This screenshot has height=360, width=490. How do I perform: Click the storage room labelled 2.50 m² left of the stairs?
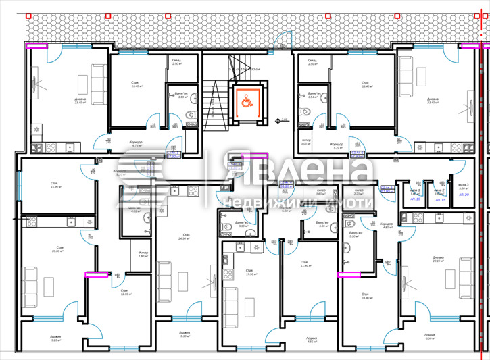point(177,62)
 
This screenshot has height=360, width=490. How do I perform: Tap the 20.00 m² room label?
point(57,249)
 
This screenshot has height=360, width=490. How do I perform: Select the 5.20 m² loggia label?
point(55,338)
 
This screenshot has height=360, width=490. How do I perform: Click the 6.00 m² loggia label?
point(430,336)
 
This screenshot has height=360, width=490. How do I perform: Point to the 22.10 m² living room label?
point(438,259)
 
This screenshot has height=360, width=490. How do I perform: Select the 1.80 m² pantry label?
point(143,255)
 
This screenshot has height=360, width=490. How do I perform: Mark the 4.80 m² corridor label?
point(386,226)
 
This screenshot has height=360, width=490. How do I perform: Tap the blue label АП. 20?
point(464,194)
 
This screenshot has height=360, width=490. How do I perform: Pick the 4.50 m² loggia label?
point(311,340)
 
